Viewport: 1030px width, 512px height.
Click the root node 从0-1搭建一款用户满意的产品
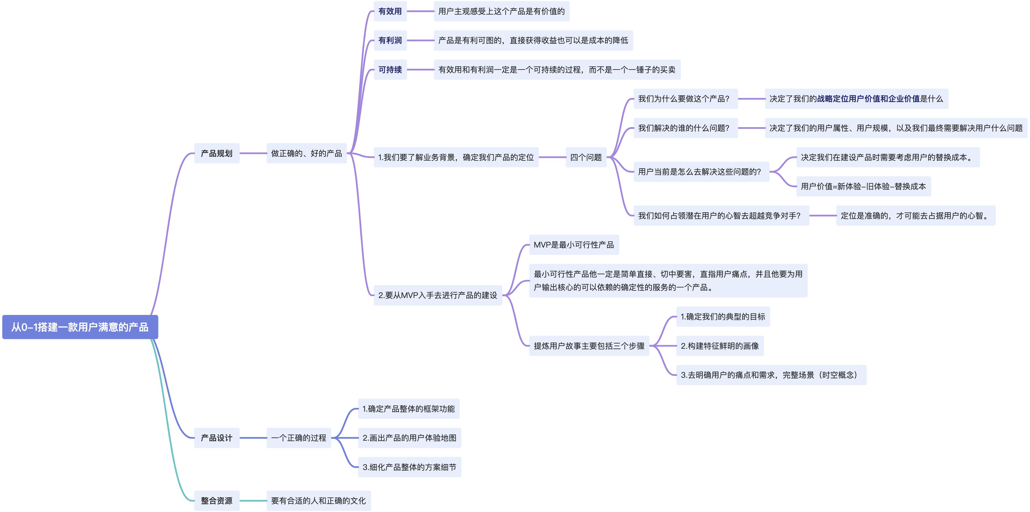(80, 327)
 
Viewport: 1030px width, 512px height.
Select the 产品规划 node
(217, 153)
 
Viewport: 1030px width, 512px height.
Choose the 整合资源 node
(217, 501)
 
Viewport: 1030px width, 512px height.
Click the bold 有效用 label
(390, 11)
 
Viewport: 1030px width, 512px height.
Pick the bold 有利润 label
(390, 40)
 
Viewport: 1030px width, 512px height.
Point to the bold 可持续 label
(390, 70)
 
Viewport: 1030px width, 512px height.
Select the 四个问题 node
(586, 157)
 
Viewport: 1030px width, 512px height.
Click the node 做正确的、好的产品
(306, 153)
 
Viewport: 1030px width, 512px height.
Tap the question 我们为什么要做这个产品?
(685, 99)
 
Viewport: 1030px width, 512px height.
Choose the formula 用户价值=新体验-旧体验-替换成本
(863, 186)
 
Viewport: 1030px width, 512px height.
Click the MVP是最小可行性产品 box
(574, 245)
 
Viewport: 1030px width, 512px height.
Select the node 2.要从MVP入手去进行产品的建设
(438, 295)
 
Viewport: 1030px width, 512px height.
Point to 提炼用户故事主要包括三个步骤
(589, 346)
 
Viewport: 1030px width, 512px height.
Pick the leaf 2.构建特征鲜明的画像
(720, 346)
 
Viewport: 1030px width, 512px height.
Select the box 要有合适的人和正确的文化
(318, 501)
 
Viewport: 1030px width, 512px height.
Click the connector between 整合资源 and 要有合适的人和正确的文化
(253, 501)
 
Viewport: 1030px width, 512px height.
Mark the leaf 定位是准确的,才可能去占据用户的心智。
(915, 216)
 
